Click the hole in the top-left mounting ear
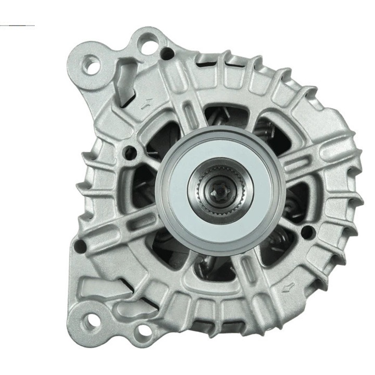click(93, 65)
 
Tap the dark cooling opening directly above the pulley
click(220, 118)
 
